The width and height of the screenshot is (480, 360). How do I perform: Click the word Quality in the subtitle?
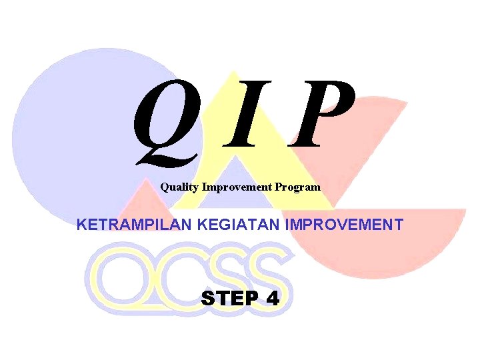[x=179, y=187]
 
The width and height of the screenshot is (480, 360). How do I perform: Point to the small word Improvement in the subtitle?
[x=237, y=187]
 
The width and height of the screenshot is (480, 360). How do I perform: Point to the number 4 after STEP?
[x=272, y=298]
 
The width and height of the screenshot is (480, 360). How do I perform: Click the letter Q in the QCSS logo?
[x=117, y=277]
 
